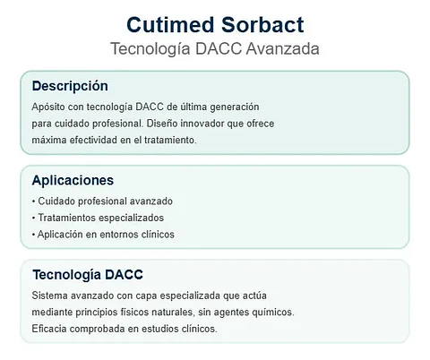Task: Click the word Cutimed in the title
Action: [x=170, y=24]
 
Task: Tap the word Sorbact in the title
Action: [x=262, y=24]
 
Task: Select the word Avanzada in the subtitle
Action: [x=282, y=48]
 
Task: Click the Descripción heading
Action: [x=70, y=86]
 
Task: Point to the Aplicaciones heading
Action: [x=73, y=180]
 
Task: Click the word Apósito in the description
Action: [x=48, y=107]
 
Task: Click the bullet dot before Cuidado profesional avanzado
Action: [x=33, y=201]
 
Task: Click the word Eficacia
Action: [x=49, y=329]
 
